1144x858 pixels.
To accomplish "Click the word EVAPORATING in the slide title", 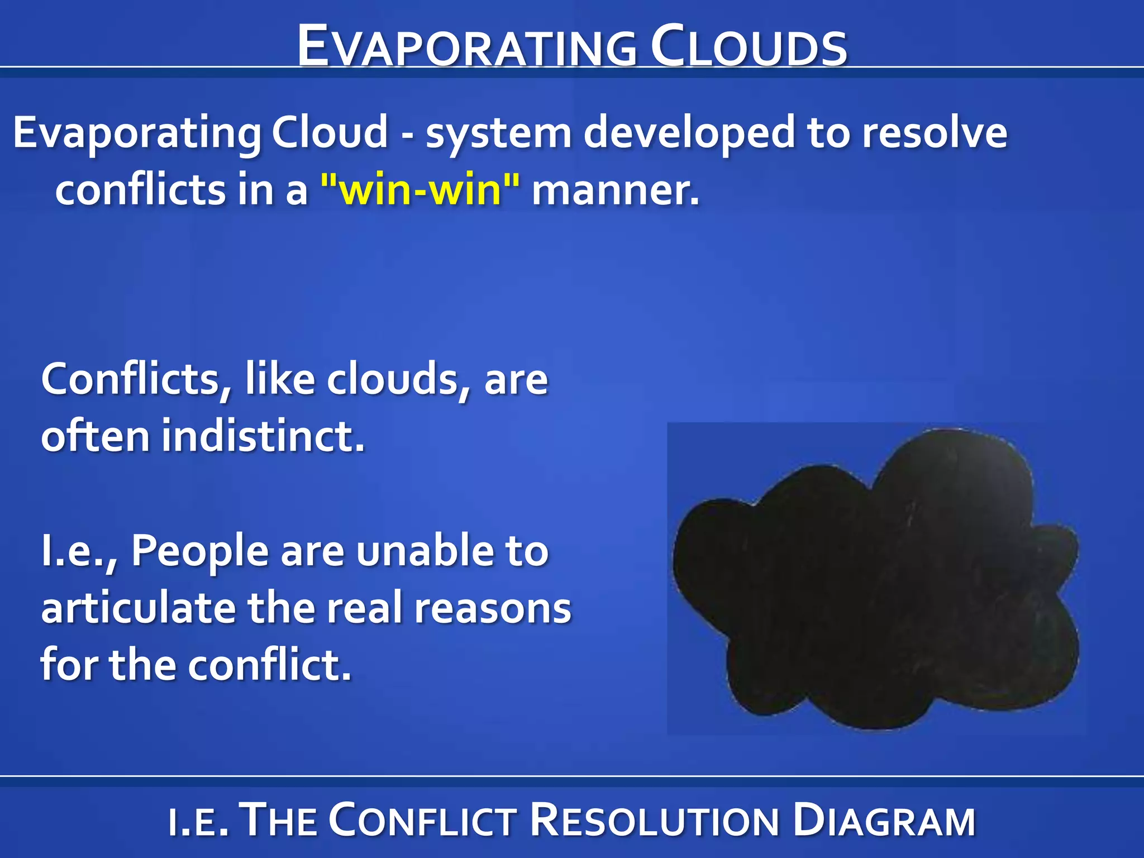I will pos(466,47).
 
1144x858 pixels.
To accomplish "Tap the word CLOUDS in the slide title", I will pos(749,47).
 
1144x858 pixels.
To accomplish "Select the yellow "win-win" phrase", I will pos(420,190).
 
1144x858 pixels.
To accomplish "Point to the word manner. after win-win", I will pos(615,190).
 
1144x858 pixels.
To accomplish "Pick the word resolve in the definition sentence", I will pos(934,133).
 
